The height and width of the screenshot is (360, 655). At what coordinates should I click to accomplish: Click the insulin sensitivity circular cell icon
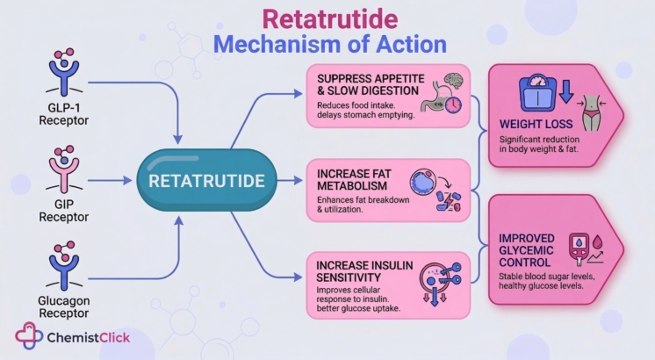(432, 279)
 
